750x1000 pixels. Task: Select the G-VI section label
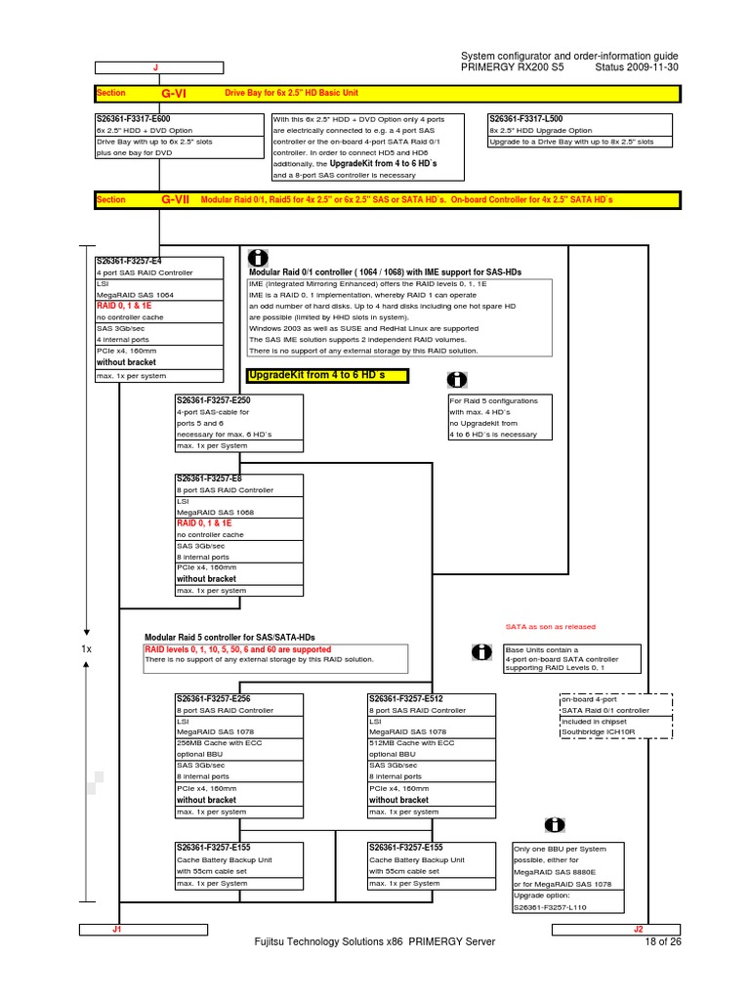(x=174, y=93)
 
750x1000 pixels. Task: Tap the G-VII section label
(x=174, y=200)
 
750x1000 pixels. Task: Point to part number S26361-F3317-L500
(x=527, y=119)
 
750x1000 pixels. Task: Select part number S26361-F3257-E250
(x=214, y=400)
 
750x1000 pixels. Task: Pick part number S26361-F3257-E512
(x=407, y=699)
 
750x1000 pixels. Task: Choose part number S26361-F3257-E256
(x=214, y=699)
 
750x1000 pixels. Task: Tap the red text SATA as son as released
(x=550, y=627)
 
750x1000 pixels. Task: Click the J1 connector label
(x=116, y=930)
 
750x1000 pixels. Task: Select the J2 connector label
(x=638, y=930)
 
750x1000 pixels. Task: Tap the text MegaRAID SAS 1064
(x=137, y=294)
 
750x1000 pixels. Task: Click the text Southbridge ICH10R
(x=596, y=731)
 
